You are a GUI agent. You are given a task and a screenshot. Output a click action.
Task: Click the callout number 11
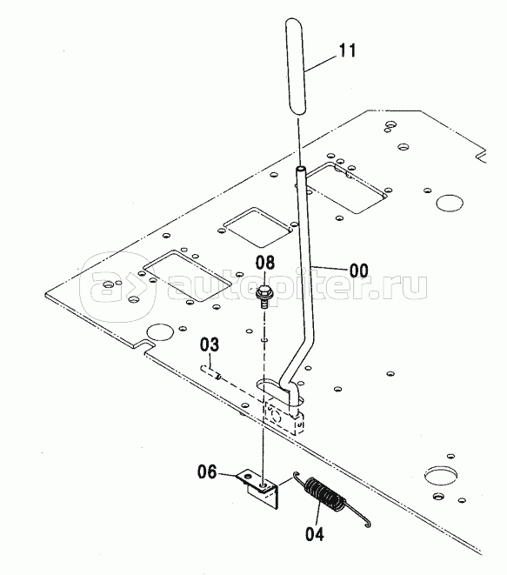[x=347, y=50]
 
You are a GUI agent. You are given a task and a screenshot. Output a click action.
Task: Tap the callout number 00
[x=358, y=271]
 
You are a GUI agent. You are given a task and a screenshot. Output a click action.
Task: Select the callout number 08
[x=264, y=263]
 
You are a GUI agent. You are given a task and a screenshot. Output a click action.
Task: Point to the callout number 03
[x=210, y=344]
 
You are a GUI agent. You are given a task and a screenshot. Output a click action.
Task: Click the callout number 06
[x=208, y=471]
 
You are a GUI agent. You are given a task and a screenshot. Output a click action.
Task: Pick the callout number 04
[x=315, y=534]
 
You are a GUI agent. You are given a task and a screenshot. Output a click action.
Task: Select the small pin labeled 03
[x=210, y=371]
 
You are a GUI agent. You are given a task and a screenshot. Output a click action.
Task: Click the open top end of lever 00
[x=301, y=169]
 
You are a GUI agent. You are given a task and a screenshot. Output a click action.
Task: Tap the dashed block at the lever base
[x=284, y=418]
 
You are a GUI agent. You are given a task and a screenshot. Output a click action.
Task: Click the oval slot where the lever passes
[x=279, y=391]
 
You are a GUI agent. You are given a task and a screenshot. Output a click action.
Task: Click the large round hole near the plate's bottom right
[x=441, y=475]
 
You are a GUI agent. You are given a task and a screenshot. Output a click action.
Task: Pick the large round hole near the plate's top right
[x=450, y=203]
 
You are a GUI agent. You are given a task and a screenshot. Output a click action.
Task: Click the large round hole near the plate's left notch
[x=159, y=332]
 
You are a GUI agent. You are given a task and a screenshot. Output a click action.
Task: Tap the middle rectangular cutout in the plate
[x=257, y=228]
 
